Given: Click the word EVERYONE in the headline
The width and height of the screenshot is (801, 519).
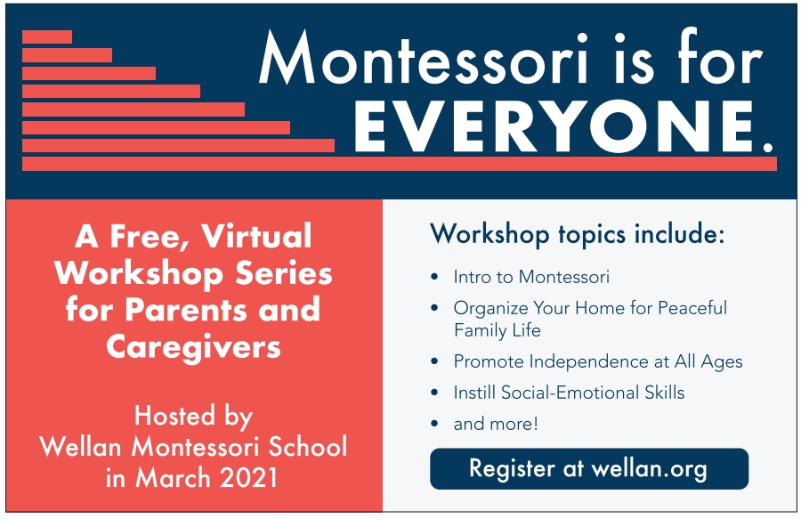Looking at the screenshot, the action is (554, 126).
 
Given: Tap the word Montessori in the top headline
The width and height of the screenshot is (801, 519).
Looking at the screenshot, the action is (424, 58).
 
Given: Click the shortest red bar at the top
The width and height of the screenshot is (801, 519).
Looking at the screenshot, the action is (47, 36).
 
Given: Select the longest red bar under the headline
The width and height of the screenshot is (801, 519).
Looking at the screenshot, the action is (400, 164).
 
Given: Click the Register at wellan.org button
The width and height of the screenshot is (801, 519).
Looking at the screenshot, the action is (589, 469).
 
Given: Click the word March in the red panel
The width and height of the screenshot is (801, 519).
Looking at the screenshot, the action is (174, 478).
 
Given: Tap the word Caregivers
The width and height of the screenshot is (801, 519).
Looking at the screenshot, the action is (194, 347).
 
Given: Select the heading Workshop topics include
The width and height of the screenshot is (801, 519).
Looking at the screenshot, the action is (578, 234).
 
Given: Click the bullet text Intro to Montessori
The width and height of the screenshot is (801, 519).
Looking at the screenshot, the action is (531, 277).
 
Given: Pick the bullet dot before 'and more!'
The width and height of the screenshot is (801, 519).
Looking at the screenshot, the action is (434, 424).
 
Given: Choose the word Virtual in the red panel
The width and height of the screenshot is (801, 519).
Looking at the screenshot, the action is (256, 236).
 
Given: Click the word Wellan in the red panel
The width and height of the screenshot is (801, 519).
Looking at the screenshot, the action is (80, 447).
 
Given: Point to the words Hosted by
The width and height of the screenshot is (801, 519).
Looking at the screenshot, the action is (194, 417).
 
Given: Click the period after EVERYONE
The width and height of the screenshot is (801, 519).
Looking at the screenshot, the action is (768, 148).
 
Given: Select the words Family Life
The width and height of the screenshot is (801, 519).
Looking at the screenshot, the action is (497, 330).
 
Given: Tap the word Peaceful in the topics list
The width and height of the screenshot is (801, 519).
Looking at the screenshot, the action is (692, 308).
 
